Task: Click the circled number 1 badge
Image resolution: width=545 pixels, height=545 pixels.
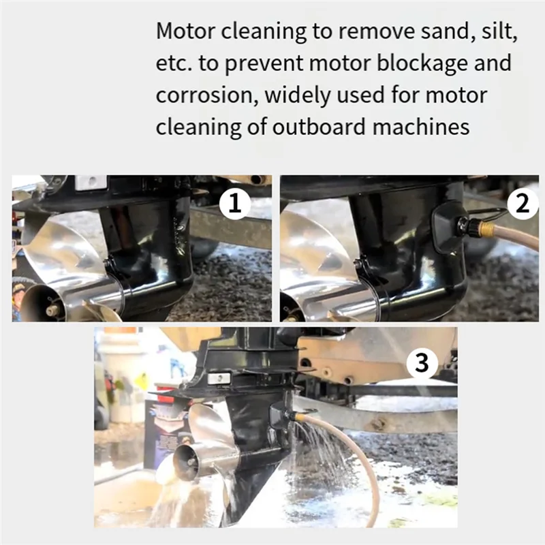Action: tap(235, 204)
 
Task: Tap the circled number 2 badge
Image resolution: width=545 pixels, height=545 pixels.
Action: tap(523, 204)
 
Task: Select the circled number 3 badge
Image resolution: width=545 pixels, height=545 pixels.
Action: tap(422, 364)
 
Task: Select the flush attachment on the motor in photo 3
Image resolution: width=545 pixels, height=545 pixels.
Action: tap(281, 414)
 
